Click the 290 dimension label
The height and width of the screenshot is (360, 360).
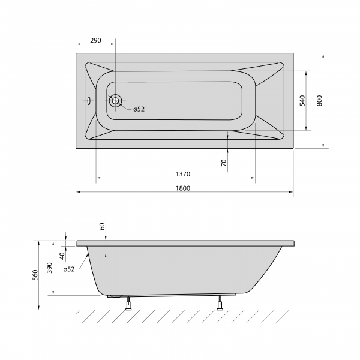tap(95, 40)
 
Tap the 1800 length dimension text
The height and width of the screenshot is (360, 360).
tap(183, 188)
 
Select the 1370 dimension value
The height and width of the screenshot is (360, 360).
tap(183, 174)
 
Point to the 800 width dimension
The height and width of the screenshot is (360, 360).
tap(319, 101)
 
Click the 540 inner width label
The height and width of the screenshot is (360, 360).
tap(303, 101)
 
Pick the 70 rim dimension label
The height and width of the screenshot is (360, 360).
tap(224, 163)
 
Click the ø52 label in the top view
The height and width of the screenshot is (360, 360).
tap(139, 109)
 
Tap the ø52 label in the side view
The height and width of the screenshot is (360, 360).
tap(69, 269)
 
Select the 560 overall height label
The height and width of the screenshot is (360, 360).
tap(35, 275)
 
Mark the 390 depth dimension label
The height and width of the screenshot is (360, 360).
tap(50, 268)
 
